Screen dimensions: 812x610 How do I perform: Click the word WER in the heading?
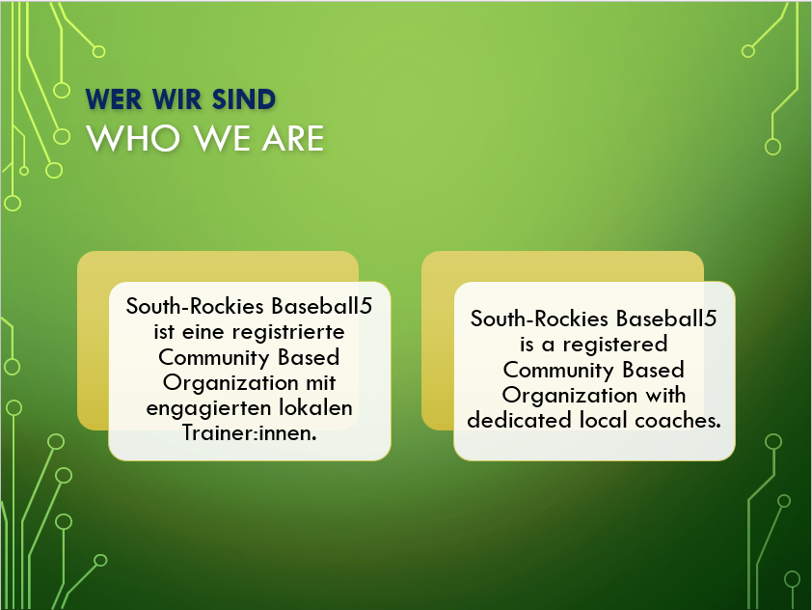tap(114, 99)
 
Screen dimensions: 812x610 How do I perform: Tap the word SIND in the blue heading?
tap(244, 99)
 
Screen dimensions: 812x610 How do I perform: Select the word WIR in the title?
tap(177, 99)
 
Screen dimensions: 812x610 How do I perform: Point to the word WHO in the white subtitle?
tap(133, 138)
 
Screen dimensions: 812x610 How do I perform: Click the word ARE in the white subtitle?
tap(293, 138)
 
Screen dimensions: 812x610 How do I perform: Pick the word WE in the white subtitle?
tap(222, 138)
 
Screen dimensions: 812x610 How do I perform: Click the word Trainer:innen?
tap(249, 432)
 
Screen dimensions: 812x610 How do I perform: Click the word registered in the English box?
tap(614, 345)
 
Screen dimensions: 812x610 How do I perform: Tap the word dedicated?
tap(520, 420)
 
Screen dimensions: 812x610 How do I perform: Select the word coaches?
tap(678, 420)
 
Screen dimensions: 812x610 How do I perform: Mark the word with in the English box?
tap(665, 395)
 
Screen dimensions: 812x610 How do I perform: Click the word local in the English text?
tap(604, 420)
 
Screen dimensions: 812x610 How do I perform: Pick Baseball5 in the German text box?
tap(321, 306)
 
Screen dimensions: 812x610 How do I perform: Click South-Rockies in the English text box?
tap(539, 319)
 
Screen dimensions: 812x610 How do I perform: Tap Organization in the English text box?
tap(570, 396)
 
